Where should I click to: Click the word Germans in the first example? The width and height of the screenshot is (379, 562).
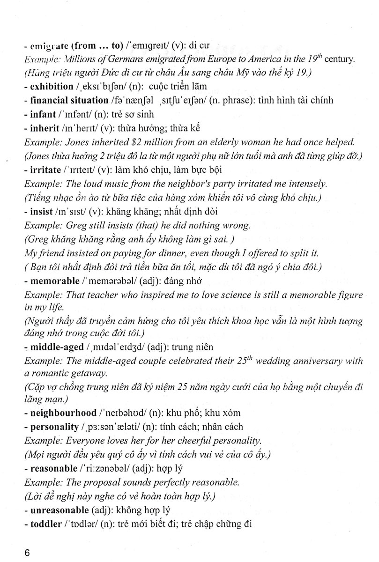coord(122,60)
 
